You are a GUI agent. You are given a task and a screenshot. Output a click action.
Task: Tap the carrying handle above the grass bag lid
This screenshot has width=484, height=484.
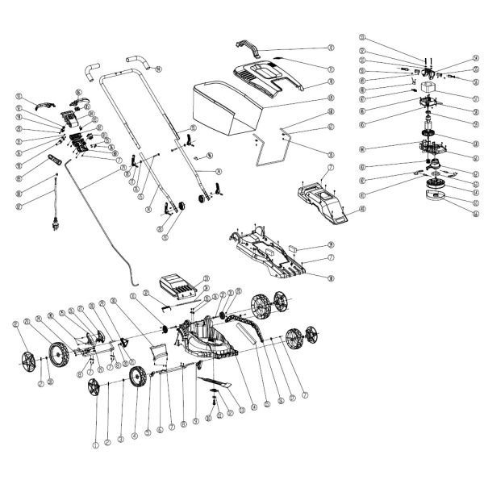(x=249, y=46)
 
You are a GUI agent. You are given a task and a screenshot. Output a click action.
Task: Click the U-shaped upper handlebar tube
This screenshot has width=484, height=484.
(x=117, y=89)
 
